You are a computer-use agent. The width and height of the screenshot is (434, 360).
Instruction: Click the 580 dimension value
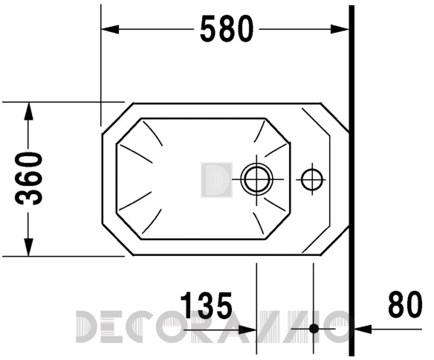(227, 28)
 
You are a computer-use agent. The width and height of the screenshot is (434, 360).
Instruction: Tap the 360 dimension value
(29, 179)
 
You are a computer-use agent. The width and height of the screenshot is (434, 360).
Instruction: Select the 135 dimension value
(206, 305)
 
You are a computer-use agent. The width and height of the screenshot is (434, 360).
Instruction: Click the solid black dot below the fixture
(314, 329)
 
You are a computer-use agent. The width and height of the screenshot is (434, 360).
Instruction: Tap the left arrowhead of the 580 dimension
(110, 29)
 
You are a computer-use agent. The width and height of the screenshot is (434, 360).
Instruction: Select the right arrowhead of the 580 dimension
(340, 29)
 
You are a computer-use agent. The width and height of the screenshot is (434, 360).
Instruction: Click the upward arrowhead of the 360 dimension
(28, 112)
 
